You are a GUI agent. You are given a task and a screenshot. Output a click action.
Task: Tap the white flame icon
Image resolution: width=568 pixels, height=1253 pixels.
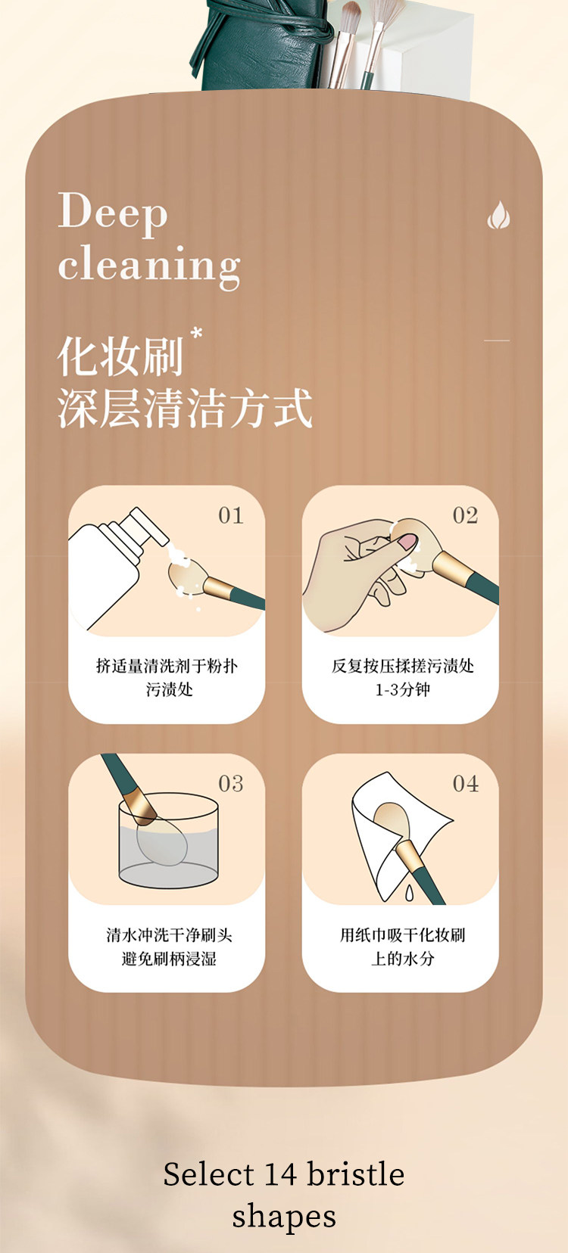tap(498, 216)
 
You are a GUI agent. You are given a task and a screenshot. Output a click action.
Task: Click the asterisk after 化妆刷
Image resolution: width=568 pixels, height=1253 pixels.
tap(196, 333)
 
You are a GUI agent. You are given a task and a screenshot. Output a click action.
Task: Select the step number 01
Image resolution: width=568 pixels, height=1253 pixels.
tap(231, 516)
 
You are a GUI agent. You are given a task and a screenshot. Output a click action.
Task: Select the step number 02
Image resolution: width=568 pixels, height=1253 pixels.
tap(466, 516)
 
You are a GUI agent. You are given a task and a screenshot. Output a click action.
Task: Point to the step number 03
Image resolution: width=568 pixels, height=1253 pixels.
tap(231, 784)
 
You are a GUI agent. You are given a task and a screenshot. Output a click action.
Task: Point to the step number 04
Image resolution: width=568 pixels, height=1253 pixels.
tap(466, 784)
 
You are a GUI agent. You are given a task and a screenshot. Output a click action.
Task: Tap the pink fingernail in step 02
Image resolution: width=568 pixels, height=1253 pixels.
tap(407, 541)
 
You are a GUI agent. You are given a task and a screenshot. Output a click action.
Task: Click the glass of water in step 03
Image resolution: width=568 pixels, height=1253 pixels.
tap(168, 840)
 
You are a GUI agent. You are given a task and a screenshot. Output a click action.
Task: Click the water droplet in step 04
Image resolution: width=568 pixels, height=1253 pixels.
tap(410, 893)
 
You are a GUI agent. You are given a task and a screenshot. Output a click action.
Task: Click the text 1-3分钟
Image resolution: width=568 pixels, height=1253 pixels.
tap(402, 690)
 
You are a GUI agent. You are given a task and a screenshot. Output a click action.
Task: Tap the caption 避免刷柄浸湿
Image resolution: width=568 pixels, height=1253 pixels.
tap(169, 959)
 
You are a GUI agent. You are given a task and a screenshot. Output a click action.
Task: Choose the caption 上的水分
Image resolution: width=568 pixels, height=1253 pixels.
tap(402, 959)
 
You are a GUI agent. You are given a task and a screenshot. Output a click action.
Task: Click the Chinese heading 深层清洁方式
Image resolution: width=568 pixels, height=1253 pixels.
tap(185, 409)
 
